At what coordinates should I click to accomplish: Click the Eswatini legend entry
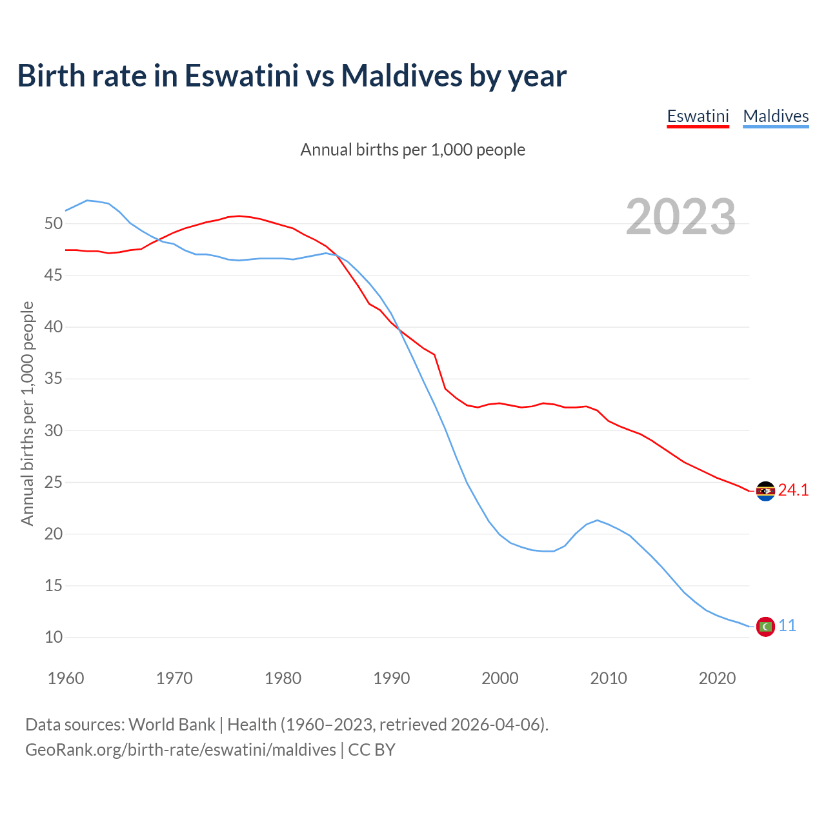point(698,116)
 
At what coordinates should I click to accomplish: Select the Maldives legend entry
point(776,116)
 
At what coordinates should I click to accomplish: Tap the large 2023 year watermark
point(681,217)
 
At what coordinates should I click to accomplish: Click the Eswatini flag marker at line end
point(765,491)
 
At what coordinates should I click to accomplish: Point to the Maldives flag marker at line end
point(765,626)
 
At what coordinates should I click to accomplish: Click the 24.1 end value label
point(793,490)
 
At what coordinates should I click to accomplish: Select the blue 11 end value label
point(787,626)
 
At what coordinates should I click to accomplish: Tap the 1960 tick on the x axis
point(66,678)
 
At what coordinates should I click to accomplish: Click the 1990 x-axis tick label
point(392,678)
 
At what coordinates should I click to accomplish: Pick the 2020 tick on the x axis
point(717,678)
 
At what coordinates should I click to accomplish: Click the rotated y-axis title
point(27,413)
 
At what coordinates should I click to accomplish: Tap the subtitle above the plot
point(413,150)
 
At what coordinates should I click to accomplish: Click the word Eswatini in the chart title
point(241,76)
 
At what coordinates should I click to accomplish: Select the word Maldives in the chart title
point(401,76)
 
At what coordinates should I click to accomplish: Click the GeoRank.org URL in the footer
point(181,750)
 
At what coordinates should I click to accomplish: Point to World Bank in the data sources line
point(172,725)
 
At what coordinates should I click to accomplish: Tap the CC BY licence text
point(372,750)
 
